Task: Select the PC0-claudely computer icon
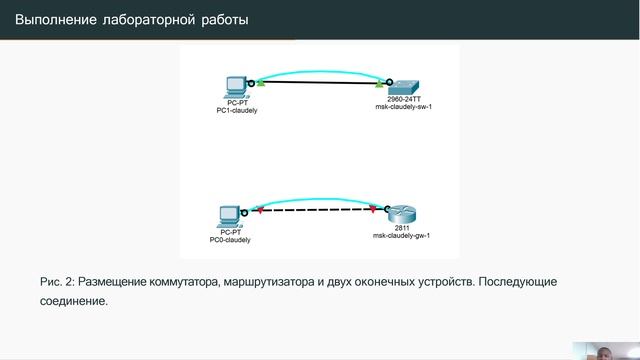(229, 214)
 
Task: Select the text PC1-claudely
(237, 111)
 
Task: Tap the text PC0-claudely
(230, 241)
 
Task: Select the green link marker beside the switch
(378, 87)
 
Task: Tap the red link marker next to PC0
(259, 211)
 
